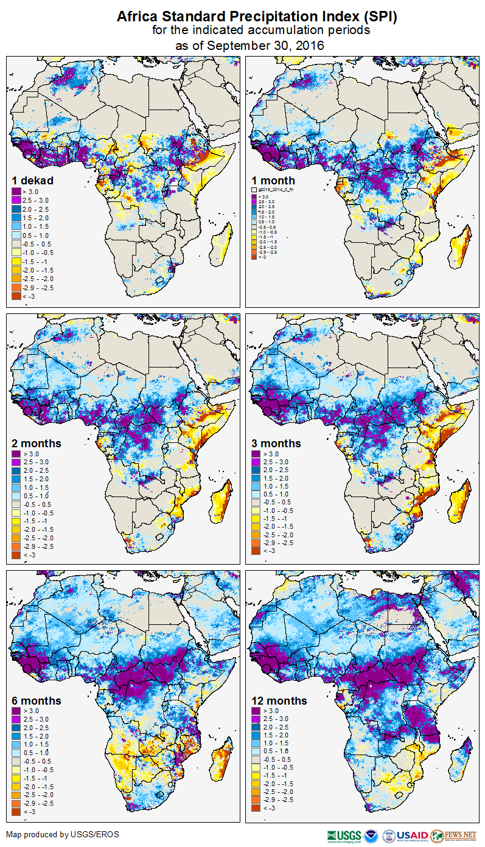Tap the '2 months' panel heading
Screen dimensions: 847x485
[x=37, y=443]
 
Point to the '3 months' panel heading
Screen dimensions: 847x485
[x=276, y=443]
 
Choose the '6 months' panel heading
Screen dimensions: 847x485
[x=37, y=700]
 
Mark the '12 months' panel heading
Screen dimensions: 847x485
[x=279, y=700]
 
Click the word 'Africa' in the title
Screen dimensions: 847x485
[x=137, y=17]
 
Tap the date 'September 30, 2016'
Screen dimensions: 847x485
[x=265, y=45]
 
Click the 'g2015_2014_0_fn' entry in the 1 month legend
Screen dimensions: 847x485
[x=272, y=190]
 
